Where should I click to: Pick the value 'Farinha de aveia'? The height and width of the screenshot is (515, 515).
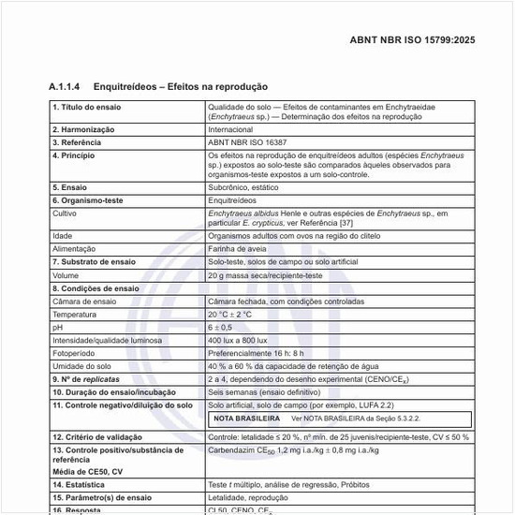coord(238,249)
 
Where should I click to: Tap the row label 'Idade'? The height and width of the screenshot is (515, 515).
coord(63,236)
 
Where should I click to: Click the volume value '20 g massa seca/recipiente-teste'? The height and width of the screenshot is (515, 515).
coord(264,276)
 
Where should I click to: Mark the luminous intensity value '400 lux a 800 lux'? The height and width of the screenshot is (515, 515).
coord(240,340)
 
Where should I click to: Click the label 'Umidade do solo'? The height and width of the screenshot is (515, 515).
coord(81,366)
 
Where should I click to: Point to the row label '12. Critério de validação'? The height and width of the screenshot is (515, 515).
coord(97,437)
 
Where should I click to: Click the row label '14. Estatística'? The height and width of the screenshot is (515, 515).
coord(79,485)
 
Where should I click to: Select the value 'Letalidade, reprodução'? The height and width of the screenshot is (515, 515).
coord(248,498)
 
